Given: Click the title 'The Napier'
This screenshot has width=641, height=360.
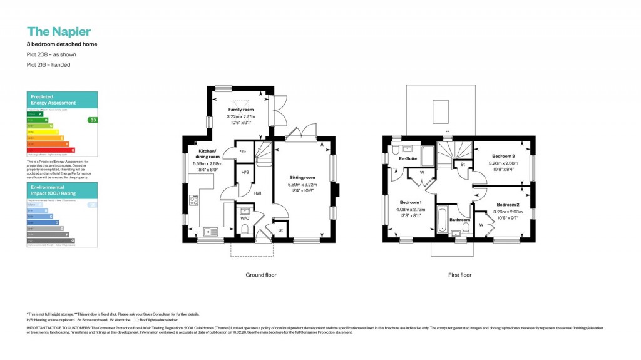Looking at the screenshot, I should (59, 31).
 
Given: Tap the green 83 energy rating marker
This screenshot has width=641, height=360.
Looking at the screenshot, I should (93, 120).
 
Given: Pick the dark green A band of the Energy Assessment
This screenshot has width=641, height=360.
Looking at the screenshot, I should (34, 115).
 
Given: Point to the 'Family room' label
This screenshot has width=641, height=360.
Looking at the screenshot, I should (239, 110).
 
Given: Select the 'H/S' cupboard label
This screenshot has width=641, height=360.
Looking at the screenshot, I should (245, 173).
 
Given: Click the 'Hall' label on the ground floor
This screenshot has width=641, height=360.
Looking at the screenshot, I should (257, 193).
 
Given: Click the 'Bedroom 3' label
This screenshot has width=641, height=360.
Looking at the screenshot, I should (503, 155).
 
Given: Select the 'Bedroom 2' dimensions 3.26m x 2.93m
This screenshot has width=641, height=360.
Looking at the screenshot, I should (508, 212).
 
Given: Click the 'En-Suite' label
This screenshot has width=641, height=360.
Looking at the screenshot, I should (408, 159).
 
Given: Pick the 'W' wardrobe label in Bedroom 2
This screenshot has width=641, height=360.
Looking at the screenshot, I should (481, 224).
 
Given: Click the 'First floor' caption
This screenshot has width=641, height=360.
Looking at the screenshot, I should (459, 275).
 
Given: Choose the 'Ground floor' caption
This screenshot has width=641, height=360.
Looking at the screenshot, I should (260, 275).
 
